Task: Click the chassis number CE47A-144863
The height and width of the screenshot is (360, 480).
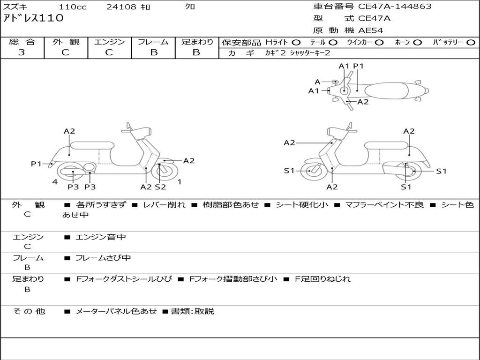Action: (395, 7)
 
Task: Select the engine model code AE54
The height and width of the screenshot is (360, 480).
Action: (371, 30)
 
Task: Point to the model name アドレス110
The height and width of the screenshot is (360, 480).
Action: (33, 19)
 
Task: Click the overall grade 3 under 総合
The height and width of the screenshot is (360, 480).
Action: (22, 52)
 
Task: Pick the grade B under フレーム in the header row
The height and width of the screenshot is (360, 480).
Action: (153, 52)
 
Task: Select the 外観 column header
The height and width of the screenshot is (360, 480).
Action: (66, 42)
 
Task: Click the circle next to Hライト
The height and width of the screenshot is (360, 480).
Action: (296, 42)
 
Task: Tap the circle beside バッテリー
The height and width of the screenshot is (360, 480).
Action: (471, 42)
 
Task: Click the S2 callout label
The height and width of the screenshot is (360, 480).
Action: (160, 187)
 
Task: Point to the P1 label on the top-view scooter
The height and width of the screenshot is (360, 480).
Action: (359, 66)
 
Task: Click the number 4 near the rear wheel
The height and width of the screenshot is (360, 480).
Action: (55, 181)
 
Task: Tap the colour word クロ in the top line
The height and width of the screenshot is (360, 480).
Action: (190, 7)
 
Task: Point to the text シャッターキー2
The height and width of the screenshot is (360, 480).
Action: (310, 53)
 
